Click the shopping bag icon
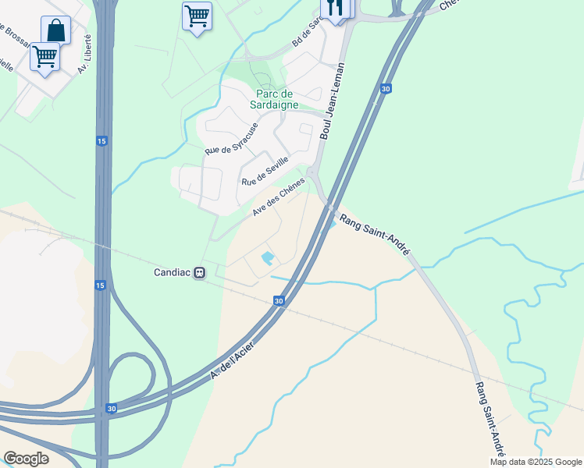pyautogui.click(x=55, y=30)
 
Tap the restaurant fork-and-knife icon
pyautogui.click(x=337, y=9)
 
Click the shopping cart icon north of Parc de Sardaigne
pyautogui.click(x=197, y=16)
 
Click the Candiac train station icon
pyautogui.click(x=200, y=273)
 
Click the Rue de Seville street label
pyautogui.click(x=265, y=171)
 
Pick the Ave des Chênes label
pyautogui.click(x=278, y=198)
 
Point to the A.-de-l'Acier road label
pyautogui.click(x=233, y=356)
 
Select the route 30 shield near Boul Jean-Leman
pyautogui.click(x=386, y=89)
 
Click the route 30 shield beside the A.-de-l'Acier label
pyautogui.click(x=279, y=300)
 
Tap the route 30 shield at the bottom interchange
pyautogui.click(x=110, y=408)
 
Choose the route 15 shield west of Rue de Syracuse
pyautogui.click(x=101, y=140)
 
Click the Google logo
pyautogui.click(x=26, y=459)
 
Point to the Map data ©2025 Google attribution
pyautogui.click(x=536, y=462)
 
